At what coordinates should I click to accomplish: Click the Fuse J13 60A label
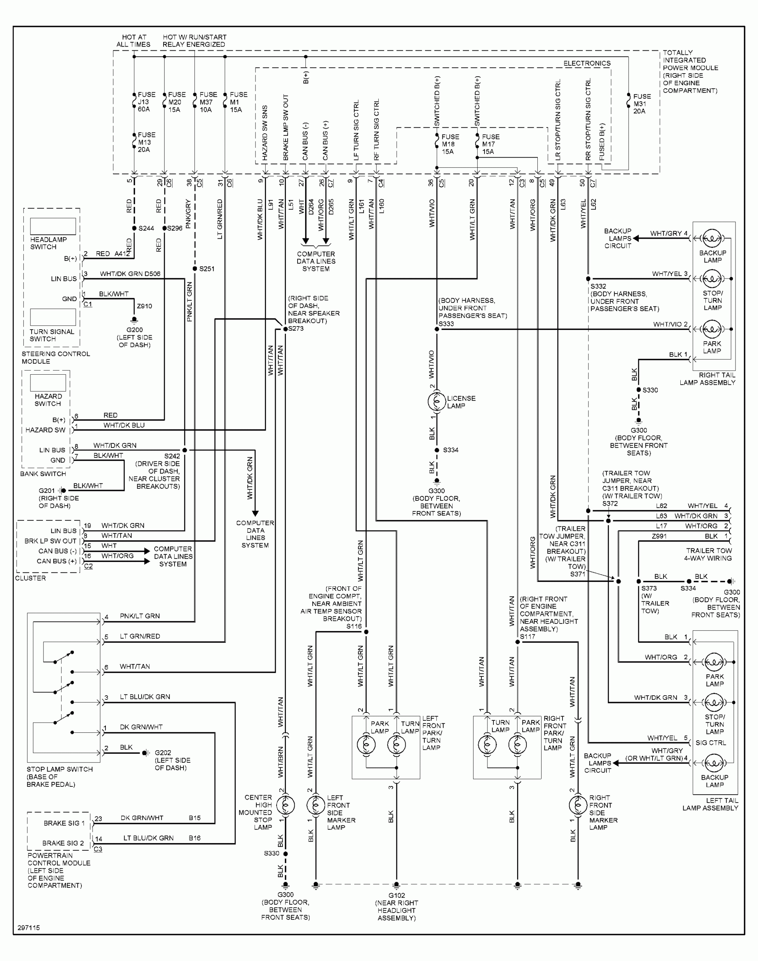point(146,102)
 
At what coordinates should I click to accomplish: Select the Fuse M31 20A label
point(641,104)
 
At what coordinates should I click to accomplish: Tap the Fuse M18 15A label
point(450,144)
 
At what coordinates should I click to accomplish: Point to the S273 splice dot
point(285,329)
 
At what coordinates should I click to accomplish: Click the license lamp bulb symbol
point(436,401)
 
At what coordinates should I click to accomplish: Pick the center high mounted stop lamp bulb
point(285,805)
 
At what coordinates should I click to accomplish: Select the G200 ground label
point(134,330)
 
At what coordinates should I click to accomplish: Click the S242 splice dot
point(185,450)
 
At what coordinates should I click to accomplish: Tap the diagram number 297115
point(29,928)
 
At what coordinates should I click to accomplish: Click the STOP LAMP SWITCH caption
point(59,769)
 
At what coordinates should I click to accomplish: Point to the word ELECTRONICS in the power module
point(587,63)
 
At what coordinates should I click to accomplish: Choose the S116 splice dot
point(366,632)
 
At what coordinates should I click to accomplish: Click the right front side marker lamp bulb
point(578,805)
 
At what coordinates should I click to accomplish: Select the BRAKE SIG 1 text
point(64,823)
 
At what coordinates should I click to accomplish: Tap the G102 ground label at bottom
point(396,895)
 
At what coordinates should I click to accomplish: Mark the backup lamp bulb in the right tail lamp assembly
point(712,238)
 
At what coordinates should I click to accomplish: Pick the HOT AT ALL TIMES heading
point(134,41)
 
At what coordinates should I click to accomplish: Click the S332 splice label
point(598,286)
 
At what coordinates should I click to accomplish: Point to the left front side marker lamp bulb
point(316,805)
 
